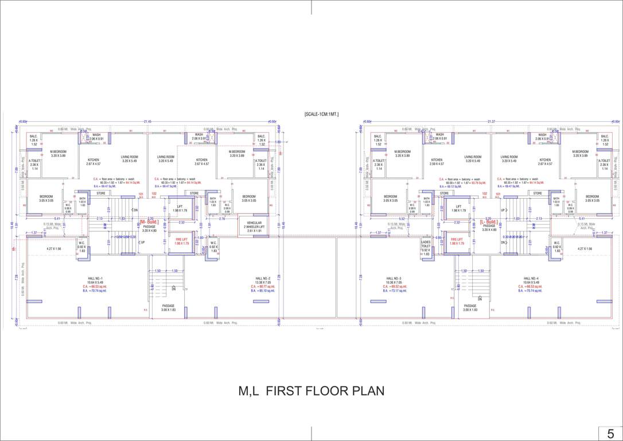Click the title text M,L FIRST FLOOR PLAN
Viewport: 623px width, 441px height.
[x=311, y=392]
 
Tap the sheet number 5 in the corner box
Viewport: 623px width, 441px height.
[x=610, y=434]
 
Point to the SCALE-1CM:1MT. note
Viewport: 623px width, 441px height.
[x=321, y=115]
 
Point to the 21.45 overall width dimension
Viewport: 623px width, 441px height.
[x=147, y=122]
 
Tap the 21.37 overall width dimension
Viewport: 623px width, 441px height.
[x=491, y=122]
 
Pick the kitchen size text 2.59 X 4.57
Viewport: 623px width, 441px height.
[x=437, y=164]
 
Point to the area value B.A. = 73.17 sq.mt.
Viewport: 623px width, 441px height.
[x=394, y=291]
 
